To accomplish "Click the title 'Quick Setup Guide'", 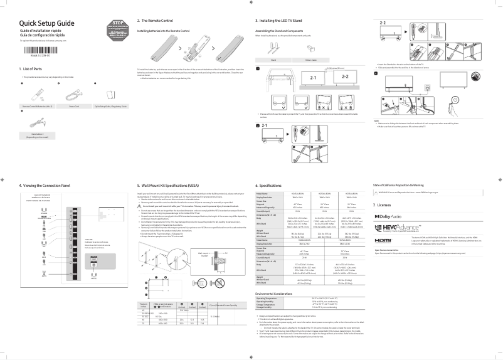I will (x=45, y=23).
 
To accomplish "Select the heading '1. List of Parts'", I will (x=31, y=68).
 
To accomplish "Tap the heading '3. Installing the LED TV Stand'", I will (x=281, y=21).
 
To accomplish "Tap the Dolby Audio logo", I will (x=388, y=216).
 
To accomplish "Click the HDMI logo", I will (x=383, y=240).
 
